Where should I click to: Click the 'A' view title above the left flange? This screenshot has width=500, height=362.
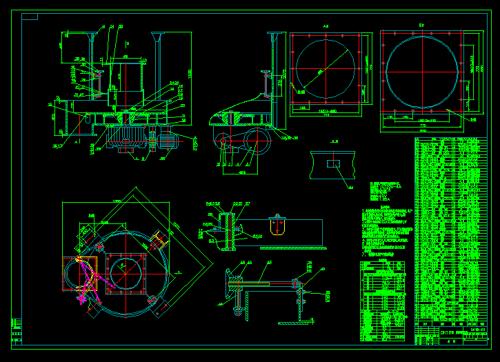pyautogui.click(x=325, y=27)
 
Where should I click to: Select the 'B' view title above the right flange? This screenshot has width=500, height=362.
pyautogui.click(x=421, y=26)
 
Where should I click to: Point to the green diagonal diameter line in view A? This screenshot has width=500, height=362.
pyautogui.click(x=324, y=68)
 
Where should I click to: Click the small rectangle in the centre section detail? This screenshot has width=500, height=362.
pyautogui.click(x=333, y=163)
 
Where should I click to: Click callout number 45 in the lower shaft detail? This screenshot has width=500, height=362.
pyautogui.click(x=270, y=263)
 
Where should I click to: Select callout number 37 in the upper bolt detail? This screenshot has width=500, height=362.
pyautogui.click(x=248, y=203)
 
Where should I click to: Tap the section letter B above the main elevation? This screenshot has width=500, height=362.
pyautogui.click(x=127, y=43)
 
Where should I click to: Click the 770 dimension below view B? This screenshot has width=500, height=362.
pyautogui.click(x=423, y=126)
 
